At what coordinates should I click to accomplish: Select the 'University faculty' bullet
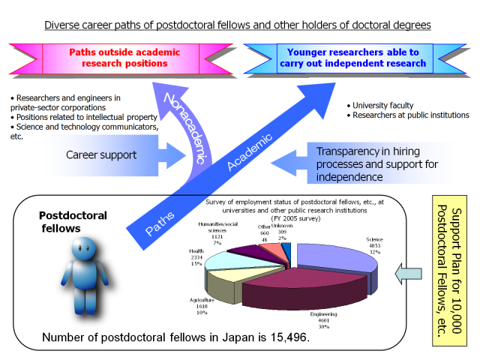coord(387,104)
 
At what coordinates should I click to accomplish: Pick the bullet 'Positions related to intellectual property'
coord(86,117)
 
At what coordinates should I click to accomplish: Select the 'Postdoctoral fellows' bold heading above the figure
coord(73,221)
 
